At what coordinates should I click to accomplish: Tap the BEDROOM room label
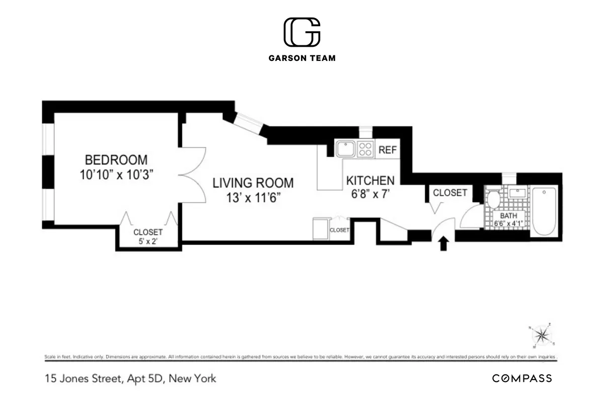click(x=116, y=160)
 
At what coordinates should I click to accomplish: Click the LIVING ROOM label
click(x=253, y=183)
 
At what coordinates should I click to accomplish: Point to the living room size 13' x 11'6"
click(x=253, y=197)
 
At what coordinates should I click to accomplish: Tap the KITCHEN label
click(x=370, y=180)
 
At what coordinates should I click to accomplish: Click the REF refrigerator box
click(x=388, y=149)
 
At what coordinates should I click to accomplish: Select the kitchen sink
click(x=346, y=149)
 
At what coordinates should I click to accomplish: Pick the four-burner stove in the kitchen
click(x=365, y=149)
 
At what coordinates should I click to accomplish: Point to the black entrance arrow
click(x=443, y=244)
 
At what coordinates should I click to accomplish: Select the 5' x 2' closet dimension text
click(x=148, y=241)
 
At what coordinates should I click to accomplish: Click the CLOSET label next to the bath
click(x=450, y=193)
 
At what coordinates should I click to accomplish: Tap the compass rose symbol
click(x=542, y=335)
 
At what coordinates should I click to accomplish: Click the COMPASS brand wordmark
click(x=522, y=378)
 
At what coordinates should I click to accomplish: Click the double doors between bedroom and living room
click(x=194, y=175)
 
